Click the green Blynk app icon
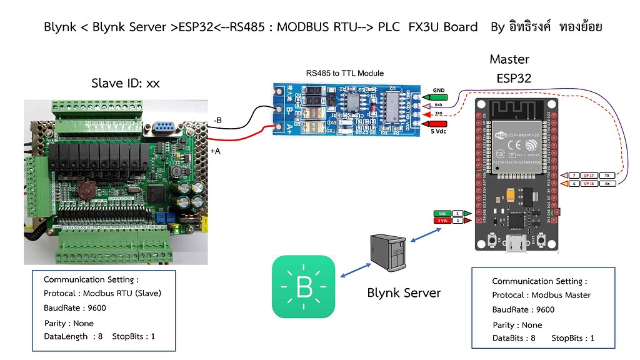click(304, 287)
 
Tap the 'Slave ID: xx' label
click(125, 83)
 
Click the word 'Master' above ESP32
click(509, 59)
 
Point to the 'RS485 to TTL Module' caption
click(344, 73)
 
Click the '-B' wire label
click(217, 119)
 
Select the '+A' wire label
click(216, 151)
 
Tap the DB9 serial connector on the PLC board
click(162, 128)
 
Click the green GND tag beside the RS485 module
click(439, 97)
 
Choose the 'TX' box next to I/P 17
click(606, 176)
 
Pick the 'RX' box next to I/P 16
click(606, 184)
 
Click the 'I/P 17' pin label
click(587, 176)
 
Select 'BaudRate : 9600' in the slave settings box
click(75, 308)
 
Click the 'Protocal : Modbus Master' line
click(541, 295)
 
